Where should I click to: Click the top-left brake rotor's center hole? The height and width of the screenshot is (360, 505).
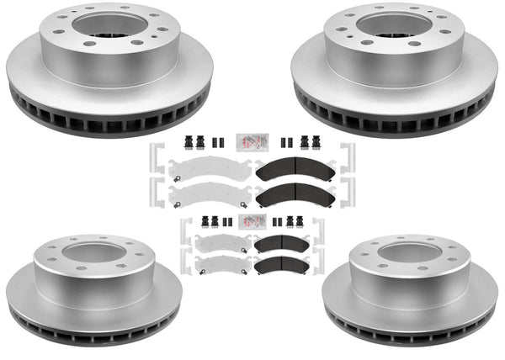coord(108,25)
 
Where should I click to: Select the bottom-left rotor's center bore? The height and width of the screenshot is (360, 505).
coord(93,252)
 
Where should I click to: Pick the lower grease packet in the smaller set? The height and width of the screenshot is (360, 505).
coord(252,222)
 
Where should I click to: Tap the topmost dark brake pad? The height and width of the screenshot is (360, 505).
coord(295,170)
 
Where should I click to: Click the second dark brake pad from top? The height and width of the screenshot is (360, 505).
coord(295,197)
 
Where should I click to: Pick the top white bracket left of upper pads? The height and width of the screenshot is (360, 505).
coord(155,161)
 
